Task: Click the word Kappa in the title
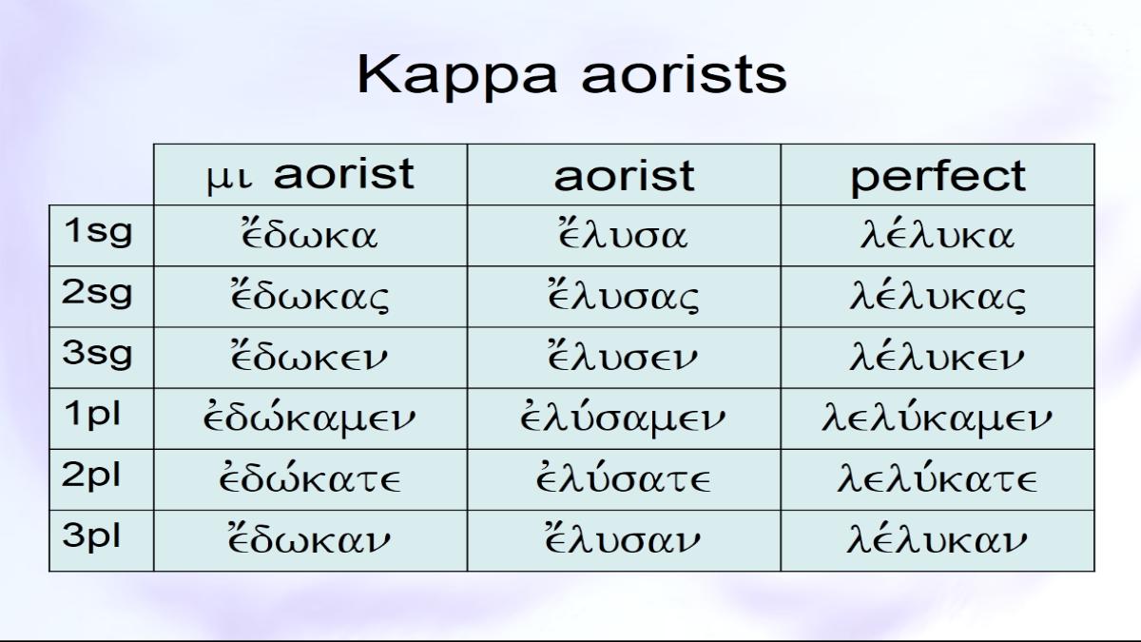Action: (x=457, y=76)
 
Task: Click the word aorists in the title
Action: (x=684, y=75)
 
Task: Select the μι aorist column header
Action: (x=310, y=175)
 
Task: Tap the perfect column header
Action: (x=938, y=175)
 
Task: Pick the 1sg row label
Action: (x=102, y=236)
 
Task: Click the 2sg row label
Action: (x=102, y=297)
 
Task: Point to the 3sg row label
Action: (x=102, y=358)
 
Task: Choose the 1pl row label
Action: (x=102, y=418)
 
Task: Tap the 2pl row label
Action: (x=102, y=479)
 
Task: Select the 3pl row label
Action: (x=102, y=540)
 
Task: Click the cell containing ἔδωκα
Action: (x=310, y=236)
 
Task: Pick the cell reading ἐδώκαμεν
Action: (x=310, y=418)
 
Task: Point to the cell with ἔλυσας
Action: (x=624, y=297)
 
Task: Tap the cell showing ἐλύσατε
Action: (x=624, y=479)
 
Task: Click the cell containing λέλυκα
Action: (x=938, y=236)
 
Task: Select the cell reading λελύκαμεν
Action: (x=938, y=418)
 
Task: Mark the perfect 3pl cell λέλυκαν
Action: (x=938, y=540)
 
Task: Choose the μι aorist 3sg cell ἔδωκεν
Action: (x=310, y=358)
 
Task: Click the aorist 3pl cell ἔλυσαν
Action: (x=624, y=540)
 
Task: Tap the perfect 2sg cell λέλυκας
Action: (x=938, y=297)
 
